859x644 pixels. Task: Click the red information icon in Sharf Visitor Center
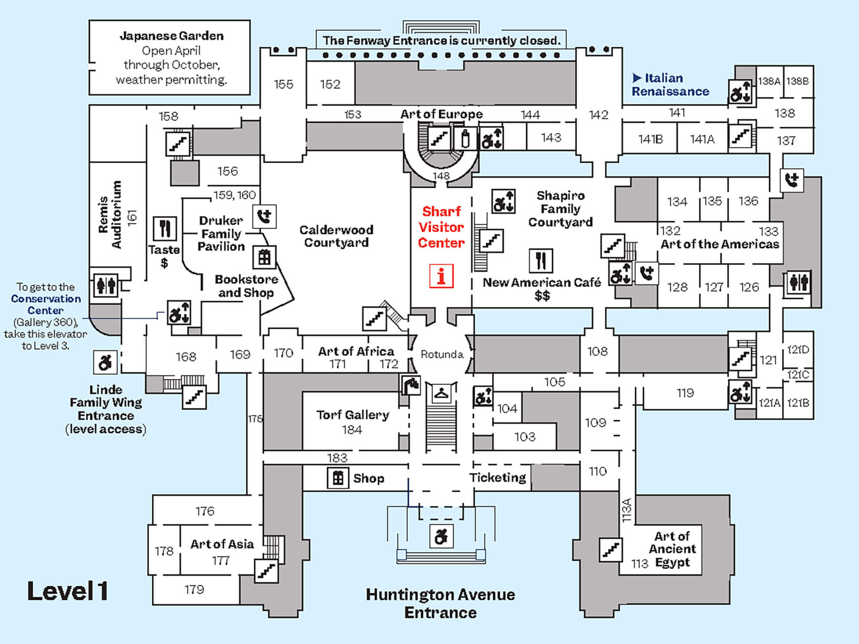point(441,276)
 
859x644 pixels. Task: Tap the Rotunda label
point(442,354)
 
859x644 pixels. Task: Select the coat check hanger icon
point(441,394)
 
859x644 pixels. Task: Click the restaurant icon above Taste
point(165,228)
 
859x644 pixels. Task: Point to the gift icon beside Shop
point(338,478)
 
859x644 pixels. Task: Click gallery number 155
point(283,84)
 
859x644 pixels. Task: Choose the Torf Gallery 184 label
point(352,422)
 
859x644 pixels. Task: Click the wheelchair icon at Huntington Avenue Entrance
point(441,536)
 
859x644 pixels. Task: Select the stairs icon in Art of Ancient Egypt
point(611,549)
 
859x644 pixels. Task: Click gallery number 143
point(551,137)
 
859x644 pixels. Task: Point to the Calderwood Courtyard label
point(336,236)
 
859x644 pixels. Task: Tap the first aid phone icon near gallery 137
point(792,180)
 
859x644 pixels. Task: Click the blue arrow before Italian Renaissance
point(636,78)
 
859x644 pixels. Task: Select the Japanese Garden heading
point(171,36)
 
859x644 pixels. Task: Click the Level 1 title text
point(68,591)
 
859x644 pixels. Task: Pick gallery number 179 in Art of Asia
point(194,589)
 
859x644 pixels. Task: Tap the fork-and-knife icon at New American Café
point(541,261)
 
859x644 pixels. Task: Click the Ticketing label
point(498,477)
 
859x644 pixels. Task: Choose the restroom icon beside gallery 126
point(798,283)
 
